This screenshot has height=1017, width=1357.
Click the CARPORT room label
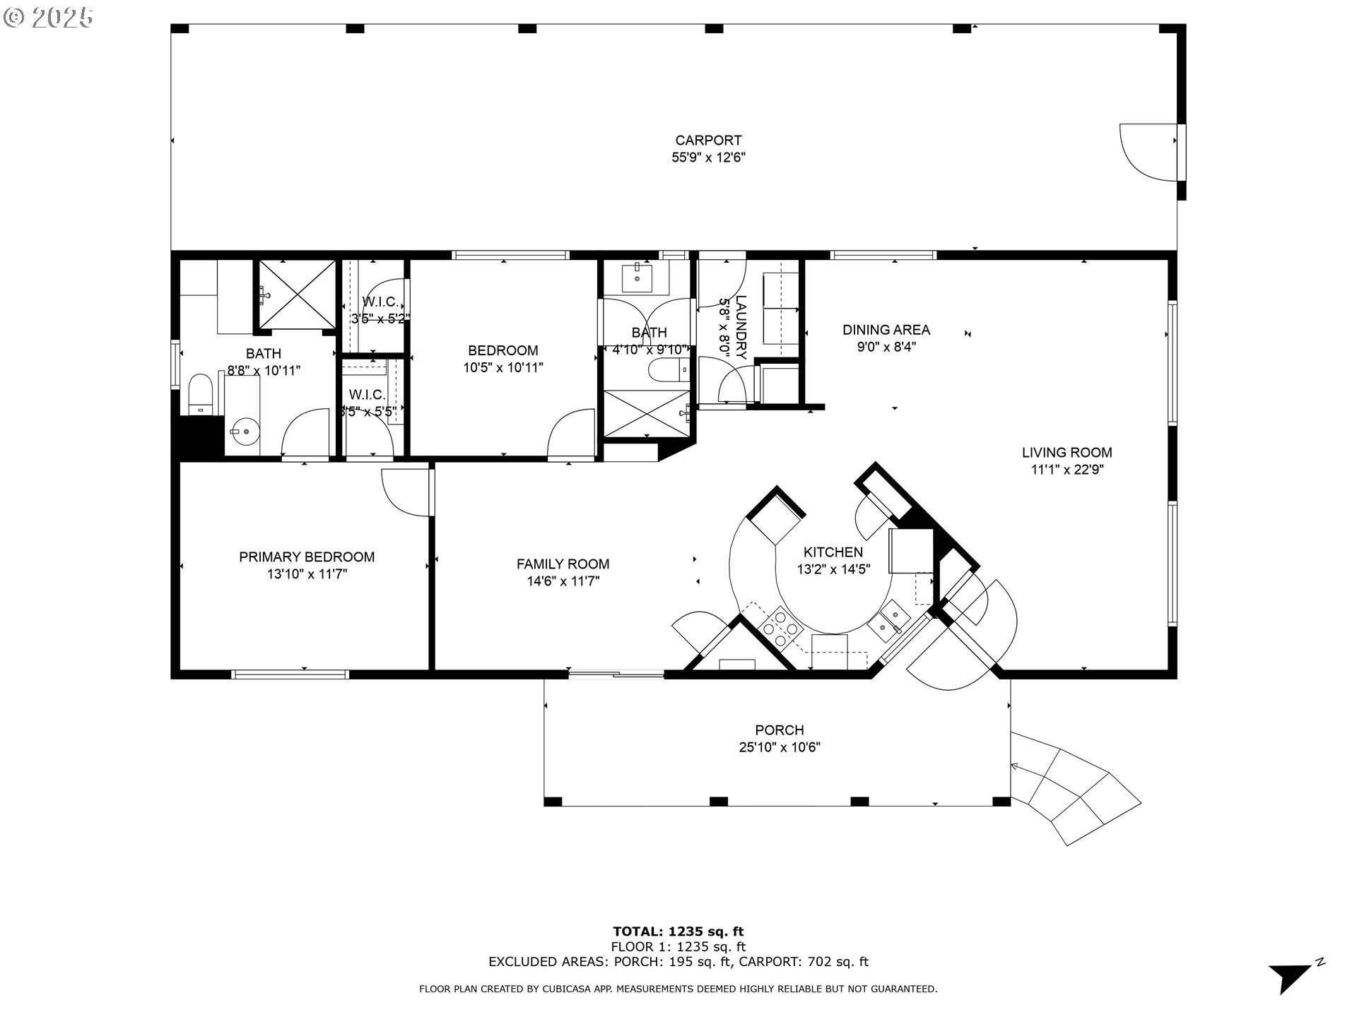(x=708, y=141)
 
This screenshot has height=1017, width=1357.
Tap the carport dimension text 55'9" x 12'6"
(x=708, y=157)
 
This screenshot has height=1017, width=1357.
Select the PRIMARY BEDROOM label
(x=307, y=557)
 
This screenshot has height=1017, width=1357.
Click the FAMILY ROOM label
(x=563, y=564)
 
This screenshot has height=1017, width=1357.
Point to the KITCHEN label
(x=833, y=552)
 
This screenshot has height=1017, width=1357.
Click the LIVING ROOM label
(x=1067, y=453)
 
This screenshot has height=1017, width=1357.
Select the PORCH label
(x=779, y=730)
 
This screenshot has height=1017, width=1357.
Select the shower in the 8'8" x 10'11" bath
(x=296, y=295)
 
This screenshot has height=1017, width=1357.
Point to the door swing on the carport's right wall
(x=1146, y=153)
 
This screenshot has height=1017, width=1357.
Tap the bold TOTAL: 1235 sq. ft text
(x=678, y=932)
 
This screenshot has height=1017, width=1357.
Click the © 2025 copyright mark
(x=48, y=18)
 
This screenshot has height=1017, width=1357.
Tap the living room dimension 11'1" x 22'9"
(x=1067, y=470)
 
